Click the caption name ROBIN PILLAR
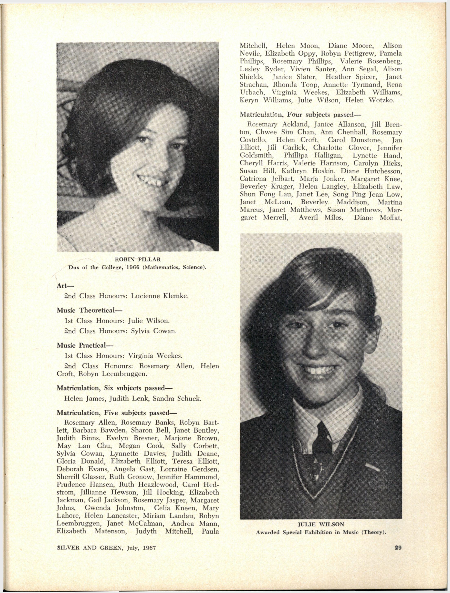[138, 259]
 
